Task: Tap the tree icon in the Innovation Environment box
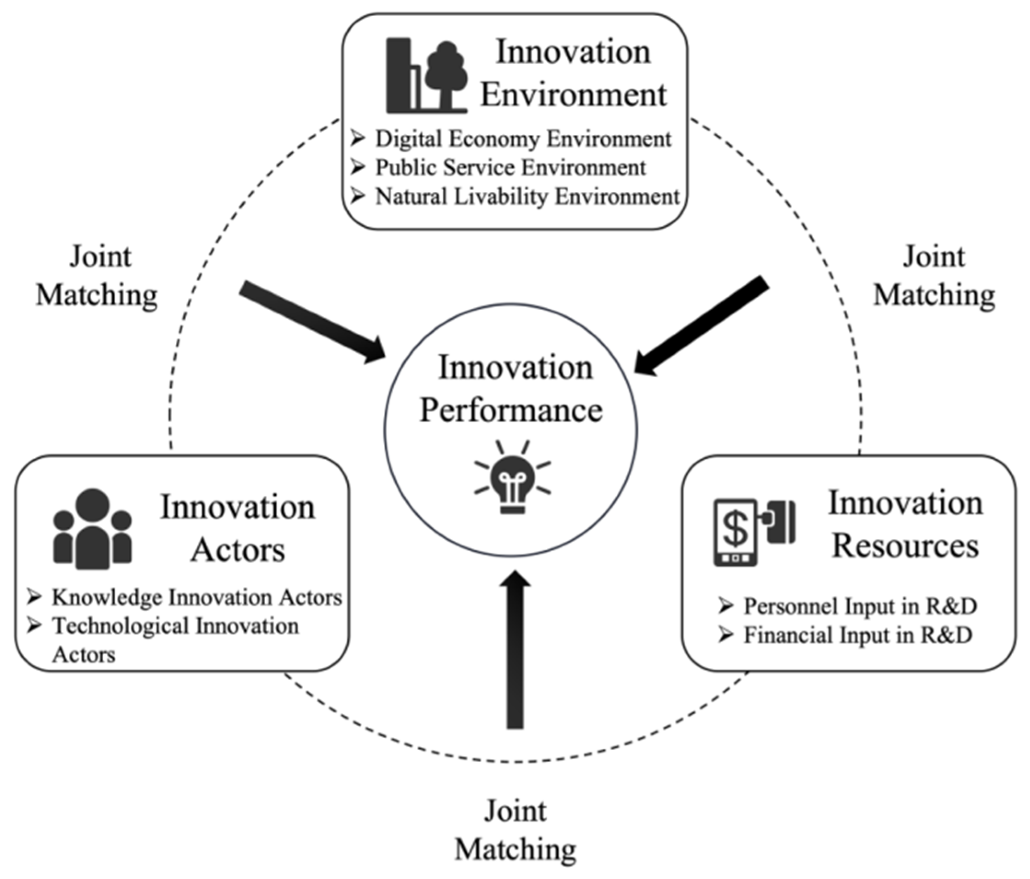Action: point(446,75)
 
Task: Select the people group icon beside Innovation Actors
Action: point(93,529)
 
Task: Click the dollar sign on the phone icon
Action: point(735,529)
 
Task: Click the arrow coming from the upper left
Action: point(312,321)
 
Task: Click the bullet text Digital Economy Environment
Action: point(523,139)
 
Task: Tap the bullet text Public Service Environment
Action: point(510,168)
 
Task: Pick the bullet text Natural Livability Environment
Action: point(527,197)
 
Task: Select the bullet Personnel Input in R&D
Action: point(860,606)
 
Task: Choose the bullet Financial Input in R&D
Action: point(857,635)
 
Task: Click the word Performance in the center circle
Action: point(511,411)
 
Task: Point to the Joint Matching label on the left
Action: point(98,276)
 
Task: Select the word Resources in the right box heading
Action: point(905,546)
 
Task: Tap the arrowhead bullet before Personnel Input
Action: point(726,606)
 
